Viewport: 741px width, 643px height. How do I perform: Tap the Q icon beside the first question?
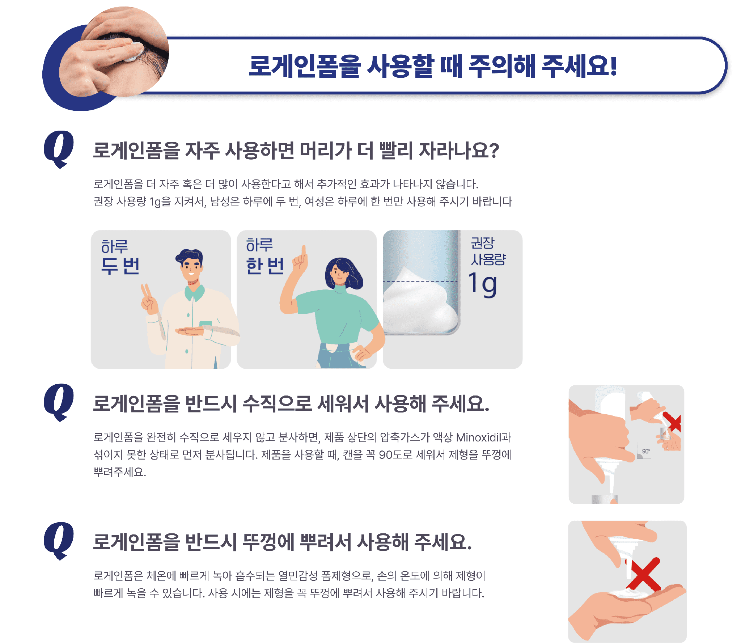coord(59,149)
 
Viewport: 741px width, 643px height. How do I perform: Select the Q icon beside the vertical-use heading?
coord(59,402)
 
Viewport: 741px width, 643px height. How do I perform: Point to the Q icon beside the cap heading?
coord(59,541)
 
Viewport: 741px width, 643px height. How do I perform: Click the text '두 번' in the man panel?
coord(120,266)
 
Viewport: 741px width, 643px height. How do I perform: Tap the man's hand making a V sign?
coord(149,299)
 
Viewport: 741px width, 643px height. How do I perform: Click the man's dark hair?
coord(189,256)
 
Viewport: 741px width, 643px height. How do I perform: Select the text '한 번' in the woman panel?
coord(265,266)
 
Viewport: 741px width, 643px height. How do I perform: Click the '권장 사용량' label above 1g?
coord(488,251)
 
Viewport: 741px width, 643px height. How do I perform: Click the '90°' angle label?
coord(646,451)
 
